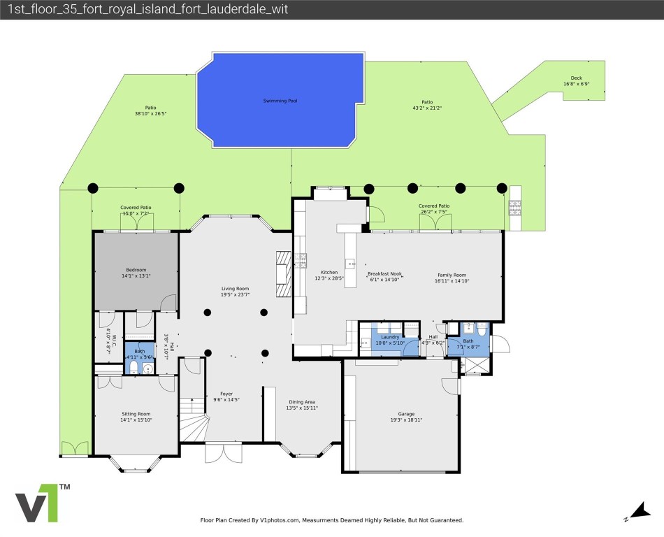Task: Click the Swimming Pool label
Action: click(x=280, y=101)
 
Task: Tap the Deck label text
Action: click(x=576, y=78)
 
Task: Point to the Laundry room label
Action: click(x=390, y=337)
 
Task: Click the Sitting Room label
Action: click(x=136, y=414)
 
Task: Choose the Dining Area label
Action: click(x=301, y=402)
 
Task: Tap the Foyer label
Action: click(x=226, y=394)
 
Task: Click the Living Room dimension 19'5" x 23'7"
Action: click(x=235, y=294)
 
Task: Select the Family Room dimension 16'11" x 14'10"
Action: click(x=452, y=280)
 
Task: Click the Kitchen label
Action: click(x=329, y=272)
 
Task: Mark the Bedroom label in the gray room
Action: click(x=136, y=270)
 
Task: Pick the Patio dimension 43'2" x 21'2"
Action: click(x=427, y=108)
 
